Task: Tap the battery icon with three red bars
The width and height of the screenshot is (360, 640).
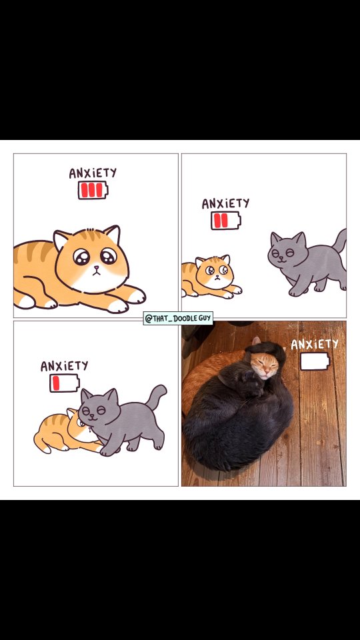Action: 93,190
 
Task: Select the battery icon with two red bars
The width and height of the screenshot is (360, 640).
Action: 226,221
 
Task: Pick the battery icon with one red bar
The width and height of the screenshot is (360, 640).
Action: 65,383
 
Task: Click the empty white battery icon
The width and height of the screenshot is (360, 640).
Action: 315,361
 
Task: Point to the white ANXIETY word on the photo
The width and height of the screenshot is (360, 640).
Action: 315,344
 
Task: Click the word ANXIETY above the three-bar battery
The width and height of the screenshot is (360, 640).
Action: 93,173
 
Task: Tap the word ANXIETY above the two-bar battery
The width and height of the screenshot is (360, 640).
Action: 225,203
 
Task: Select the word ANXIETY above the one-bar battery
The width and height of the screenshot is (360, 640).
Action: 64,366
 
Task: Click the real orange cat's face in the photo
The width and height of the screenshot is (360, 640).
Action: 264,366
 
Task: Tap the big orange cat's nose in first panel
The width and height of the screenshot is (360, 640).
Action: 96,268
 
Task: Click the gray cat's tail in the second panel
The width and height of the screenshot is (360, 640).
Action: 339,241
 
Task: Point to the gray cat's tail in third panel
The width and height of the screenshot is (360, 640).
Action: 157,396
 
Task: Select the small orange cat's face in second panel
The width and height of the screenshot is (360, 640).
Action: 215,272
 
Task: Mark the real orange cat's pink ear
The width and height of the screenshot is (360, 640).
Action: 255,341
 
